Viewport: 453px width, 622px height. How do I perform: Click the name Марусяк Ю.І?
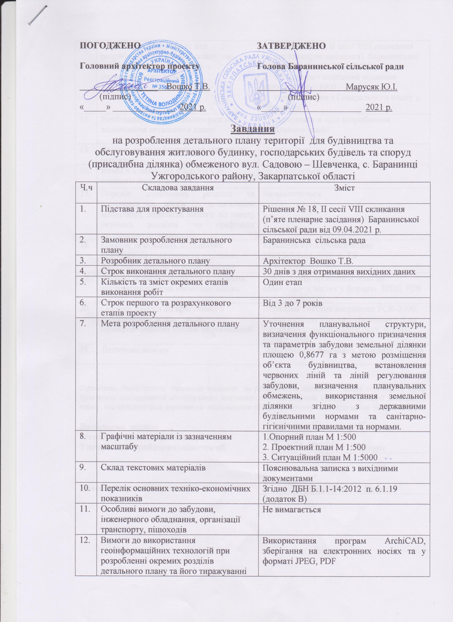click(x=372, y=87)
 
